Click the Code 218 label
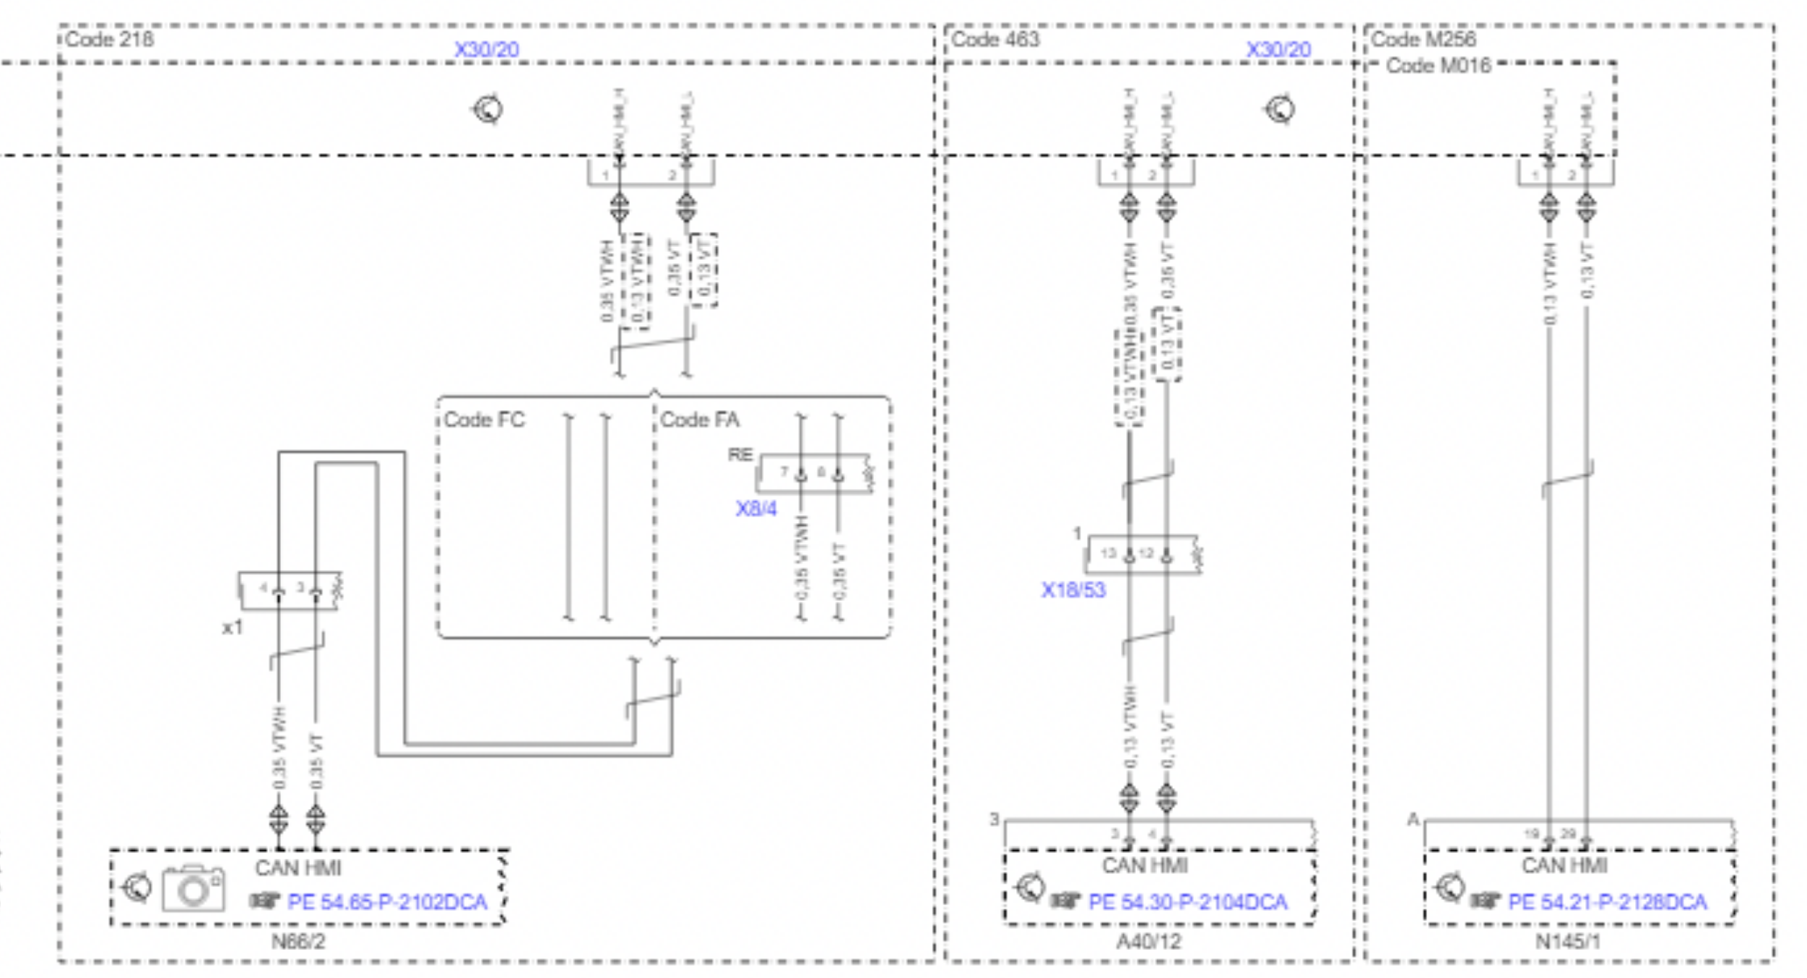(109, 39)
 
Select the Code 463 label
(995, 39)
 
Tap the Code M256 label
(1423, 39)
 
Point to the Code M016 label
(1438, 66)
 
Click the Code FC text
(484, 420)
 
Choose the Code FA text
(700, 420)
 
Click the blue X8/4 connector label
(755, 509)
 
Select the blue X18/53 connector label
(1072, 590)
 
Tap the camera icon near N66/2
(193, 888)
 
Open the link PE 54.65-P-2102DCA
(387, 902)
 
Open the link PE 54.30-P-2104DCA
(1187, 902)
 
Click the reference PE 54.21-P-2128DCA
(1607, 902)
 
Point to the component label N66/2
(298, 942)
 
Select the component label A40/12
(1148, 942)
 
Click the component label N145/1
(1567, 942)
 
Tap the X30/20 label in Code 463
(1278, 50)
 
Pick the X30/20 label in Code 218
(486, 50)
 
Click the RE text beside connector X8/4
(740, 454)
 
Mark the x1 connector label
(232, 628)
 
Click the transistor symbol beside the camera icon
(136, 888)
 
